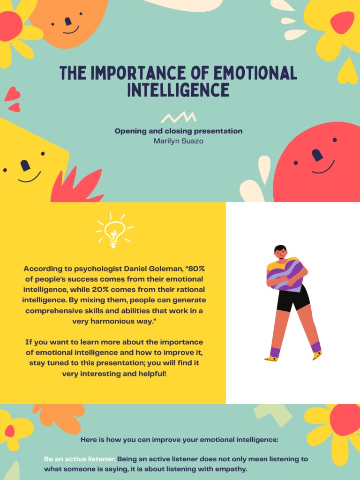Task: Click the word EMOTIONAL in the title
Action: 255,73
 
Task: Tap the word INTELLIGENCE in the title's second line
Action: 179,90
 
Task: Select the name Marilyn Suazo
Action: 179,141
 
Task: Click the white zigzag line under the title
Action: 179,117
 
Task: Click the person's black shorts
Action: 293,299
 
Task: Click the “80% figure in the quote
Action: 195,269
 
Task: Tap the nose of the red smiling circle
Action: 317,155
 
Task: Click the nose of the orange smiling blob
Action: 68,22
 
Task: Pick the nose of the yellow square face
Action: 25,165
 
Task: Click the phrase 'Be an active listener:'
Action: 80,459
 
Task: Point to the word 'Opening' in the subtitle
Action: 130,131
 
